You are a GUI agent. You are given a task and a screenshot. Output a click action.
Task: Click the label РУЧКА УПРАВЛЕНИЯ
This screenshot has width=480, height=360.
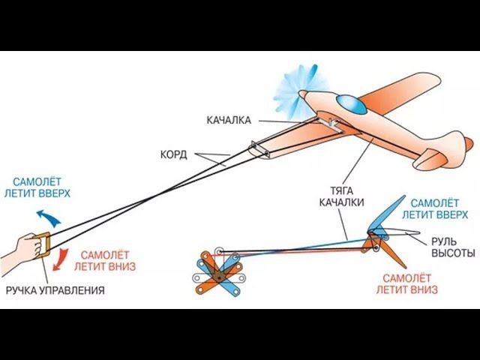pos(54,289)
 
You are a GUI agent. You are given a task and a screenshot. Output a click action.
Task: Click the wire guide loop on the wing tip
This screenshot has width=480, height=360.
pos(258,149)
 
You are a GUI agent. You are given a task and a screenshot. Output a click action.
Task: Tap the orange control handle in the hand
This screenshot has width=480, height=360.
pos(45,247)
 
